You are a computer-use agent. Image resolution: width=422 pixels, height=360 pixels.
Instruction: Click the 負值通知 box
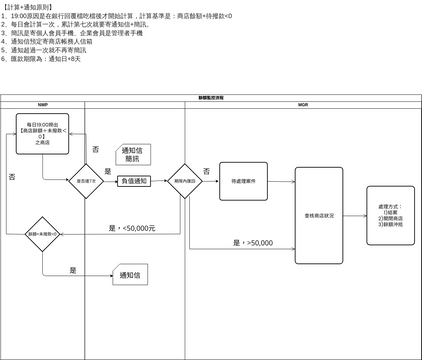(x=133, y=181)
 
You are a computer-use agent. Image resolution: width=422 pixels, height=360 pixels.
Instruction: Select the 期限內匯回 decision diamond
(x=184, y=181)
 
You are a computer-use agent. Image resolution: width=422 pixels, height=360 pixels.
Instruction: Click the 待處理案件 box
(x=243, y=181)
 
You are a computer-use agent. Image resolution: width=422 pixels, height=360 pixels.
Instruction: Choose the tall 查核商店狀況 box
(x=320, y=216)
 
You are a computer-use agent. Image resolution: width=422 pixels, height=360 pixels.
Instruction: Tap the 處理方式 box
(x=385, y=216)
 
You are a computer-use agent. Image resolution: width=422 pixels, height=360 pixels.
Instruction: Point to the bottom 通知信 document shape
(x=127, y=275)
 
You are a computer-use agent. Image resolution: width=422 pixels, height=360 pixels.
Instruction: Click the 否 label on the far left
(x=11, y=176)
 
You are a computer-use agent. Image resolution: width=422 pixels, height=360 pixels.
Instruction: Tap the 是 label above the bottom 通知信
(x=73, y=269)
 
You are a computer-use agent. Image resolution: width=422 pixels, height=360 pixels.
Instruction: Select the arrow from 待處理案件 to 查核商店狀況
(x=283, y=182)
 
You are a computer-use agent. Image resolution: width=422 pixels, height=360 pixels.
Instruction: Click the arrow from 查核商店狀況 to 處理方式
(x=354, y=216)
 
